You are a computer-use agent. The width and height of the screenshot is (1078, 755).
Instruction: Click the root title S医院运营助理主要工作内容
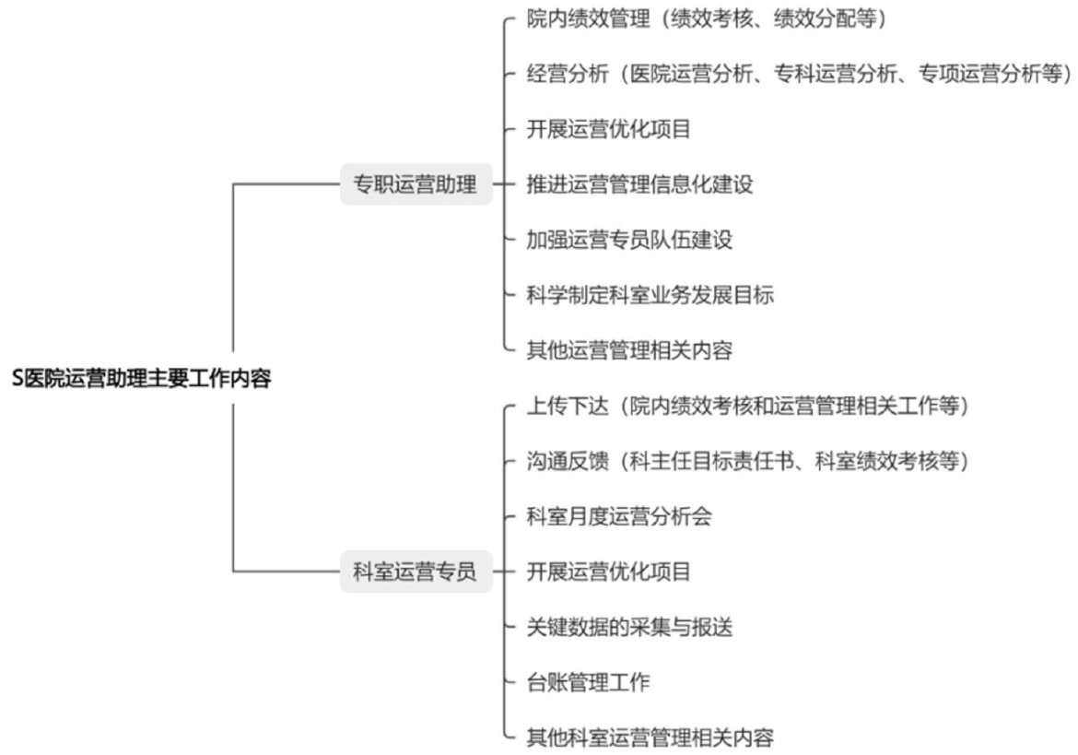(x=142, y=378)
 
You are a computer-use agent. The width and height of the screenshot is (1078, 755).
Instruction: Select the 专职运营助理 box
(x=416, y=184)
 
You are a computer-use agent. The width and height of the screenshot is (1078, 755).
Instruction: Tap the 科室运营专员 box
(x=416, y=572)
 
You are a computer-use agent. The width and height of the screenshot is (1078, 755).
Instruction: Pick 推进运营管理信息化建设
(x=640, y=184)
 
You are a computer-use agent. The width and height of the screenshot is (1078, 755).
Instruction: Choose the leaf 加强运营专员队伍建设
(x=629, y=240)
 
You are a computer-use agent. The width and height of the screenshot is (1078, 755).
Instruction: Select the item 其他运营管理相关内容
(x=629, y=350)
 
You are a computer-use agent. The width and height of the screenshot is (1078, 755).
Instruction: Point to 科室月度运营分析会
(x=619, y=516)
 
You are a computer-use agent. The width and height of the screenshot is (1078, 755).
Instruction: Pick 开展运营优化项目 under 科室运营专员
(x=608, y=572)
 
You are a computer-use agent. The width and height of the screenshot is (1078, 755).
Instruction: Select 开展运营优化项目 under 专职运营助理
(x=608, y=129)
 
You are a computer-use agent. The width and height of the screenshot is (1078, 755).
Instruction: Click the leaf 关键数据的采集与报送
(x=629, y=627)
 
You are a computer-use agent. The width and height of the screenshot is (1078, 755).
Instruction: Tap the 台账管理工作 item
(x=588, y=682)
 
